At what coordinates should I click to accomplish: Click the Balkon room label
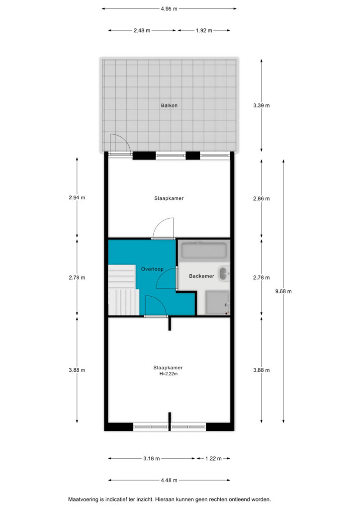pyautogui.click(x=169, y=105)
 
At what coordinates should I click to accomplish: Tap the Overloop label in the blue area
pyautogui.click(x=152, y=269)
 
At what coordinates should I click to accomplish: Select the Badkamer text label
pyautogui.click(x=201, y=276)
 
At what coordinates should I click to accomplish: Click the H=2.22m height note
pyautogui.click(x=169, y=374)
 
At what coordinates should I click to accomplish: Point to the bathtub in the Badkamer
pyautogui.click(x=204, y=251)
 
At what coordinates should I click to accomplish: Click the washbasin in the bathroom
pyautogui.click(x=224, y=273)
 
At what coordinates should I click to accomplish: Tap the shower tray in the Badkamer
pyautogui.click(x=217, y=303)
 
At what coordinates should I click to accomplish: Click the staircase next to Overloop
pyautogui.click(x=123, y=290)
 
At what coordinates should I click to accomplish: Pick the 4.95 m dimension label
pyautogui.click(x=169, y=9)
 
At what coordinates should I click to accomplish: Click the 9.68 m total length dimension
pyautogui.click(x=283, y=291)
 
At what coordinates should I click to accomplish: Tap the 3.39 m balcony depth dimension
pyautogui.click(x=262, y=105)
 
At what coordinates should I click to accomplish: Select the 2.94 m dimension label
pyautogui.click(x=77, y=197)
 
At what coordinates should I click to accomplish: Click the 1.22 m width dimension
pyautogui.click(x=213, y=459)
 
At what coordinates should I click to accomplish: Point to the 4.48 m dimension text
pyautogui.click(x=169, y=480)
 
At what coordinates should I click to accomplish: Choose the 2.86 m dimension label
pyautogui.click(x=262, y=199)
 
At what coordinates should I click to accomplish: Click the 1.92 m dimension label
pyautogui.click(x=204, y=30)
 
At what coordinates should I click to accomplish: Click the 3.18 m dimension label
pyautogui.click(x=151, y=459)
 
